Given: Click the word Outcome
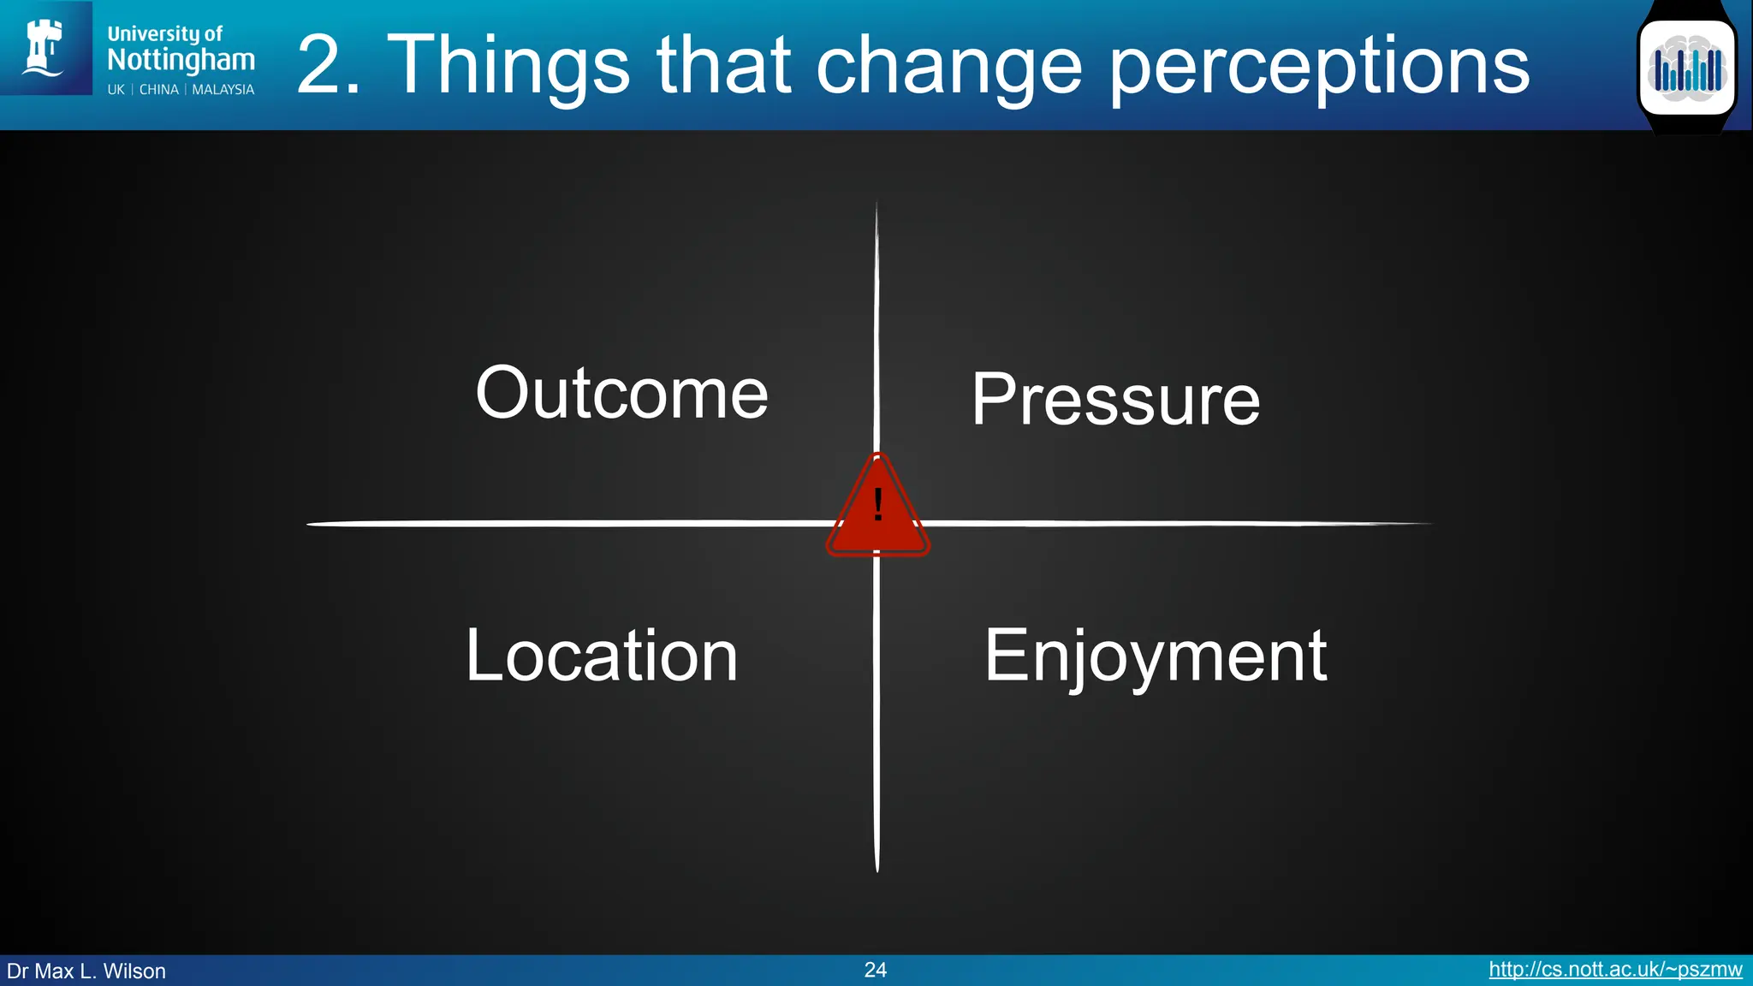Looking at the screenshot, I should coord(621,393).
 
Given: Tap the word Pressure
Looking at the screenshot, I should coord(1115,400).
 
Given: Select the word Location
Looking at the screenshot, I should coord(601,656).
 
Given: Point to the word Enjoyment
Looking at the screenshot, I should coord(1156,656).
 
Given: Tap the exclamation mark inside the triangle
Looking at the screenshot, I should coord(878,505).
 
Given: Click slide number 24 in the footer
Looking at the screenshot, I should coord(875,970).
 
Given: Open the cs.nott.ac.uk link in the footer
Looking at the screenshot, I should coord(1614,970).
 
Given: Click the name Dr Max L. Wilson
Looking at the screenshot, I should coord(86,971).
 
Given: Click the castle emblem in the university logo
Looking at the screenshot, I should coord(45,48).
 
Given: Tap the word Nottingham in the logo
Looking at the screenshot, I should coord(181,60).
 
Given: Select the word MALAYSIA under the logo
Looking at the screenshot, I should coord(223,90).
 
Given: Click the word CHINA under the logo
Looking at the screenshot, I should coord(159,90).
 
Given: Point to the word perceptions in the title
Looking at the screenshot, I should coord(1319,67).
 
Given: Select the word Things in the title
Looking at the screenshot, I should coord(508,65).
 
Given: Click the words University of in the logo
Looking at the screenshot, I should coord(164,34).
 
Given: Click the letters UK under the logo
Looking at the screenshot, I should coord(116,90).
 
